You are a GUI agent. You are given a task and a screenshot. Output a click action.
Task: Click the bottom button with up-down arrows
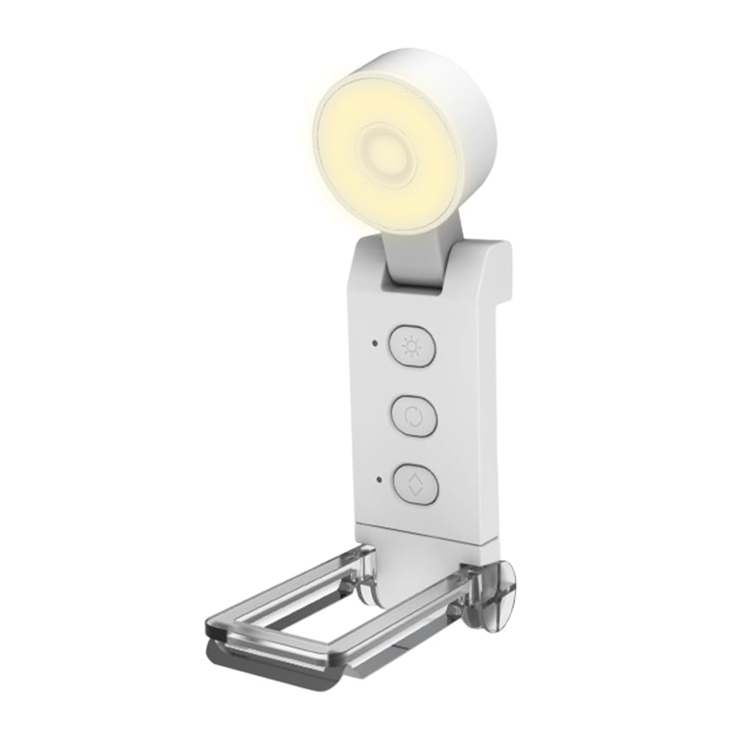point(416,484)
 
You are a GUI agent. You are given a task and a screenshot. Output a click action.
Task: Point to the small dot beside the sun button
point(375,343)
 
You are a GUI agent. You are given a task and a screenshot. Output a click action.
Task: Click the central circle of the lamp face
point(385,153)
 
